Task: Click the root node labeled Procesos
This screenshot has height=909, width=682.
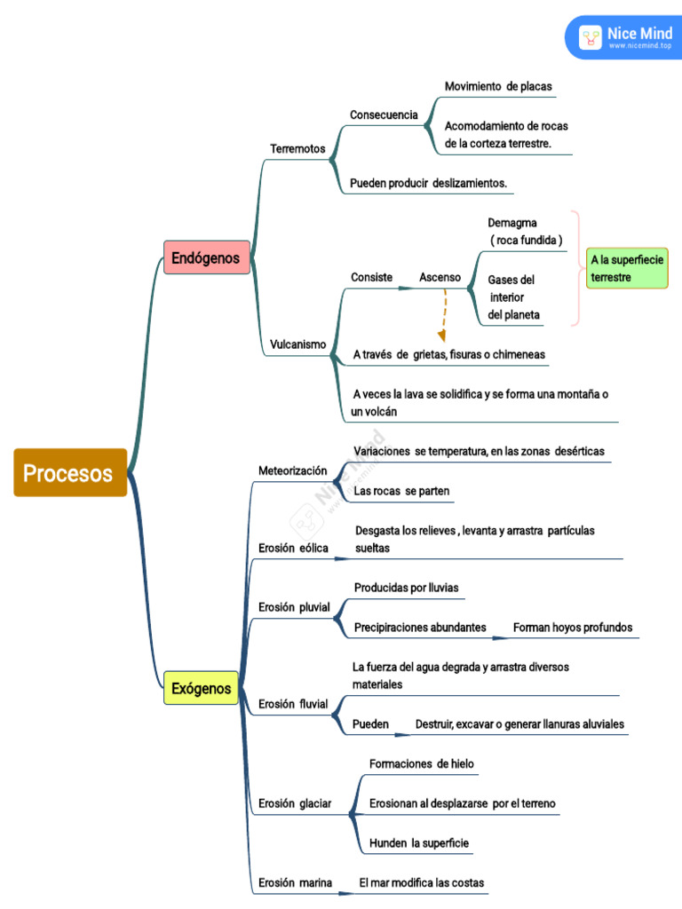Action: [69, 472]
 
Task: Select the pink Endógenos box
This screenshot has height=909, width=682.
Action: [206, 257]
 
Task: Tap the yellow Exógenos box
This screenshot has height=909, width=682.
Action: [201, 688]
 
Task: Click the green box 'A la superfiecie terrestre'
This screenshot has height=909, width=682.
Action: [627, 269]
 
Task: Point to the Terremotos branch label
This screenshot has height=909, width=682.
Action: [297, 148]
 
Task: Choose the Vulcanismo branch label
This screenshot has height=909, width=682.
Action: [297, 344]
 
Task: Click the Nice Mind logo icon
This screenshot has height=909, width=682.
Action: [591, 37]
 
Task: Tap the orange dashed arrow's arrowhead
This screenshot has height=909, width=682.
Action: [440, 336]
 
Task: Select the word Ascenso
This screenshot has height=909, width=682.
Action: [440, 277]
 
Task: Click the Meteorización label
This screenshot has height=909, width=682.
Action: [292, 470]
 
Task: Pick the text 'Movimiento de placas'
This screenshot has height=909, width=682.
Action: [498, 86]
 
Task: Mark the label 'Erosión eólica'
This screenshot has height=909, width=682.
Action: [293, 548]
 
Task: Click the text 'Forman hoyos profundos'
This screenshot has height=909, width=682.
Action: [573, 627]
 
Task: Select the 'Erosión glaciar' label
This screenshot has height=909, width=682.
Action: [294, 803]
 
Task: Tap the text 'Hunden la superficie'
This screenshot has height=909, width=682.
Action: [419, 842]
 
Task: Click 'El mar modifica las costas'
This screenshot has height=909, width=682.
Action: [422, 882]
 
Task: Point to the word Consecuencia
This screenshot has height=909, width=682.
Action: [384, 115]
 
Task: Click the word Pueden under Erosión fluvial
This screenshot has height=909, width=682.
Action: [370, 723]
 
